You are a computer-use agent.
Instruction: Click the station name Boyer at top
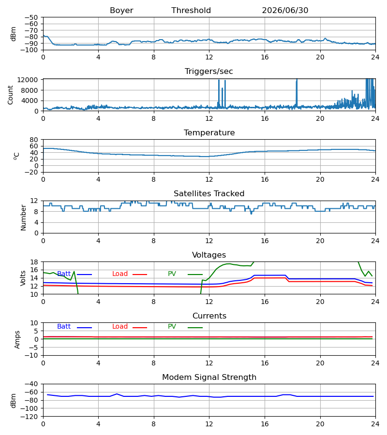121,11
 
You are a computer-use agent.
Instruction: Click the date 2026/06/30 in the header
285,11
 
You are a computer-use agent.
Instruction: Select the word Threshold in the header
191,11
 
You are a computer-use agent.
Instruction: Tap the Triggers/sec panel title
209,72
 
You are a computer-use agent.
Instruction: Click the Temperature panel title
209,132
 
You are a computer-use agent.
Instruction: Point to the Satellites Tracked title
209,194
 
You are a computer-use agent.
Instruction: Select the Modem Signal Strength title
209,377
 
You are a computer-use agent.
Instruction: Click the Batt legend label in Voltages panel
64,274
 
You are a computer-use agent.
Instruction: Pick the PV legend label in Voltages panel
172,274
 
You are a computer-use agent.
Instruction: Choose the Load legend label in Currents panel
120,327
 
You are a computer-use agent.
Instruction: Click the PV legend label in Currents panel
172,327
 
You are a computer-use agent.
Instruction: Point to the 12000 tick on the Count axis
27,80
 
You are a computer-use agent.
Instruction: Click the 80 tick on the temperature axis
33,140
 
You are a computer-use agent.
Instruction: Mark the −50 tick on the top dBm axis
31,17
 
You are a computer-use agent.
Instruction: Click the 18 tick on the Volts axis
33,262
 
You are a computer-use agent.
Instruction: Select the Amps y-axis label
17,340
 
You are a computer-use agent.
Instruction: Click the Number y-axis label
23,218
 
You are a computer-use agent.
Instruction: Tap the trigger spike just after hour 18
297,92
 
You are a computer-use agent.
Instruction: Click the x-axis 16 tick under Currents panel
265,363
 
